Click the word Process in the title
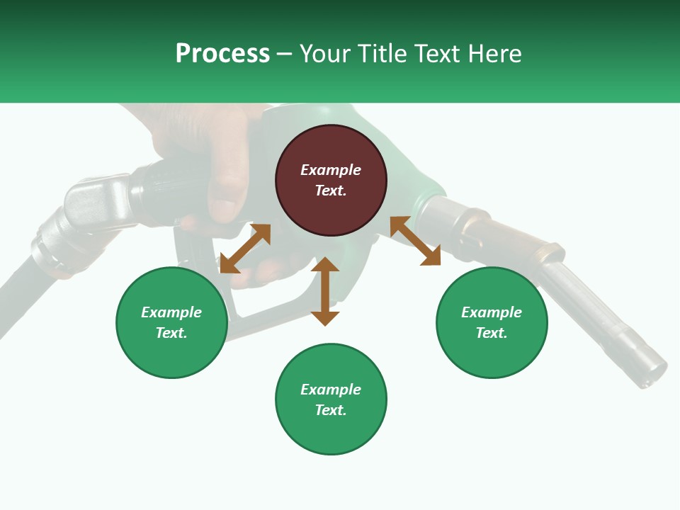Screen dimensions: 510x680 (222, 54)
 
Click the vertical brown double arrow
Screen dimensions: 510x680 (325, 291)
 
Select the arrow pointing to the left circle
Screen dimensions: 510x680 (245, 249)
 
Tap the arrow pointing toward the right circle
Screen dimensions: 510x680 (415, 241)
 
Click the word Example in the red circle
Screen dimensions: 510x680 (331, 170)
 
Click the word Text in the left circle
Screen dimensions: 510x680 (171, 333)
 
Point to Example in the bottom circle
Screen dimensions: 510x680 (331, 390)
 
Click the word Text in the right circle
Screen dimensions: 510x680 (492, 333)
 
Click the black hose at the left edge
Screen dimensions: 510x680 (18, 297)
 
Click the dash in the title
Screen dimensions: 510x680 (284, 55)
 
